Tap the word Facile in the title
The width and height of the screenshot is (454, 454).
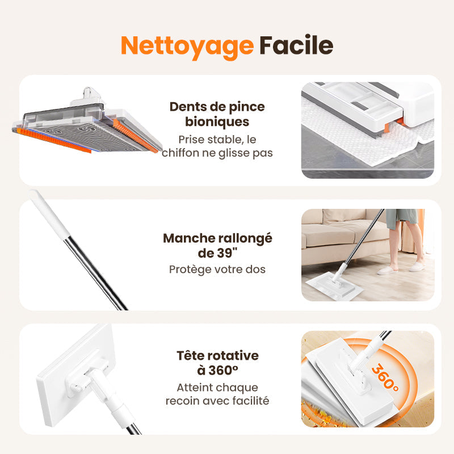pyautogui.click(x=296, y=45)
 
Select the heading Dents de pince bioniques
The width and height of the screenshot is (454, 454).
pyautogui.click(x=217, y=114)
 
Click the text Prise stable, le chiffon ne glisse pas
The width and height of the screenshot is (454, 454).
pyautogui.click(x=217, y=146)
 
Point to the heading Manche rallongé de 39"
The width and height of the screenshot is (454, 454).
pyautogui.click(x=217, y=245)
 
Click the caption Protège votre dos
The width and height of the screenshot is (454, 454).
pyautogui.click(x=217, y=269)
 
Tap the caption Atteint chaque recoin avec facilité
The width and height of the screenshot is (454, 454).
pyautogui.click(x=217, y=394)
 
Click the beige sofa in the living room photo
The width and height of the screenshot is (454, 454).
pyautogui.click(x=335, y=233)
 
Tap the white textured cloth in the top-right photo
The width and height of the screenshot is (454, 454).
pyautogui.click(x=352, y=148)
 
